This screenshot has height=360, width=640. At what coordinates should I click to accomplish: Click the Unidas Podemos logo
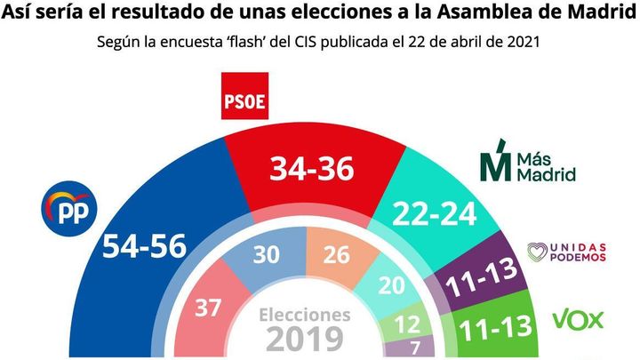tap(567, 252)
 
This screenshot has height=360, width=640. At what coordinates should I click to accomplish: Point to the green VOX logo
tap(579, 318)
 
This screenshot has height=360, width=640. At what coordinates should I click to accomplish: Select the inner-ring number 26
tap(337, 255)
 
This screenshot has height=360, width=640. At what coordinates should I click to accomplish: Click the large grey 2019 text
tap(304, 340)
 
